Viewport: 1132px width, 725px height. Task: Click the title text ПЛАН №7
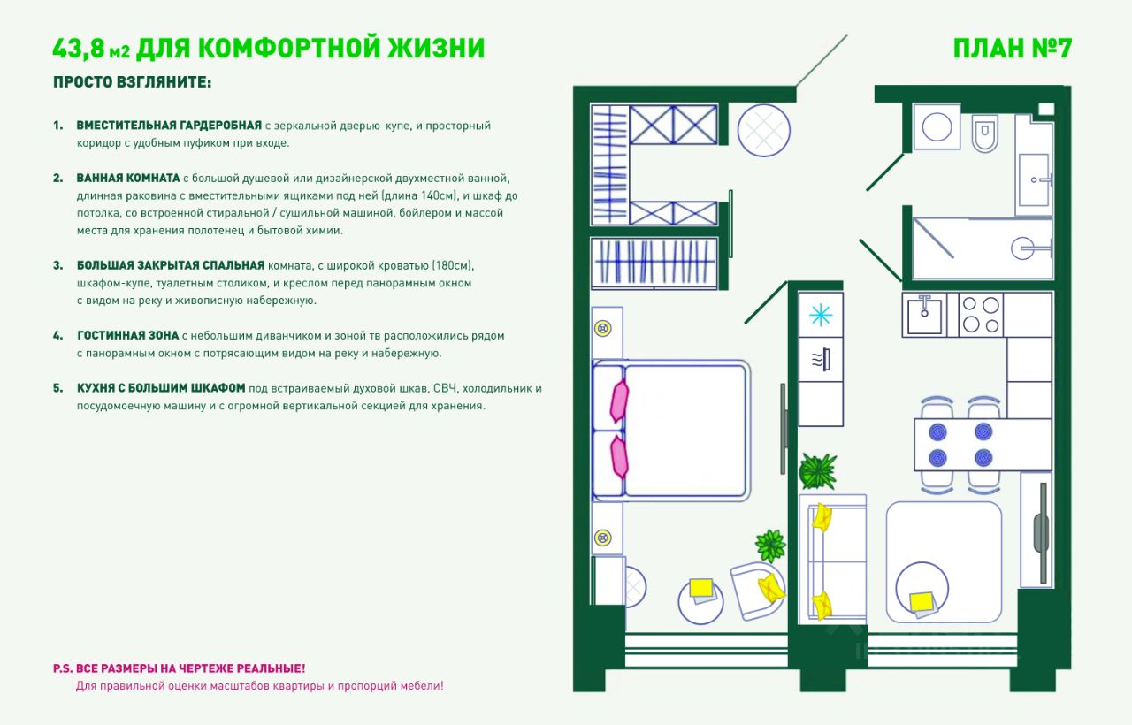[x=1012, y=49]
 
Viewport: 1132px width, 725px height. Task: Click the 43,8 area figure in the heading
[x=79, y=48]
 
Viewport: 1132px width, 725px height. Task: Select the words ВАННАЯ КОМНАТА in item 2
[x=128, y=178]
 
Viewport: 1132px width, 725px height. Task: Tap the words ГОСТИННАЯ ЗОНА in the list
[x=128, y=335]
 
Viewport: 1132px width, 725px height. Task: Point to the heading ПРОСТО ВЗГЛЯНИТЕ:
[x=133, y=82]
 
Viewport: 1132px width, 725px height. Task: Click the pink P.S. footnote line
[x=180, y=668]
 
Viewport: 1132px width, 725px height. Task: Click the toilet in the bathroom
[x=985, y=134]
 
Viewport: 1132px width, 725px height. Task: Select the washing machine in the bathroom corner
[x=937, y=126]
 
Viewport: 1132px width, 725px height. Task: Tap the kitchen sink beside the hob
[x=924, y=316]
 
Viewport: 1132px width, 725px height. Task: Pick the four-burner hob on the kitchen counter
[x=981, y=315]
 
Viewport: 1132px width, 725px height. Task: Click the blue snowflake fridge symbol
[x=820, y=315]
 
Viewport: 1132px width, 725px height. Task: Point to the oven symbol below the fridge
[x=822, y=360]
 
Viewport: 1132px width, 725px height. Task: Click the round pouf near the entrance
[x=763, y=130]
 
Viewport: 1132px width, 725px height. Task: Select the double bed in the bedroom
[x=671, y=431]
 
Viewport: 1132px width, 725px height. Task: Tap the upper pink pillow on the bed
[x=619, y=401]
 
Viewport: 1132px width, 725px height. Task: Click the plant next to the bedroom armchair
[x=770, y=546]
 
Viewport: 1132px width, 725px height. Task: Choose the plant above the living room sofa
[x=817, y=471]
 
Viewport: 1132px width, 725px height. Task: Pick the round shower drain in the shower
[x=1022, y=248]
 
